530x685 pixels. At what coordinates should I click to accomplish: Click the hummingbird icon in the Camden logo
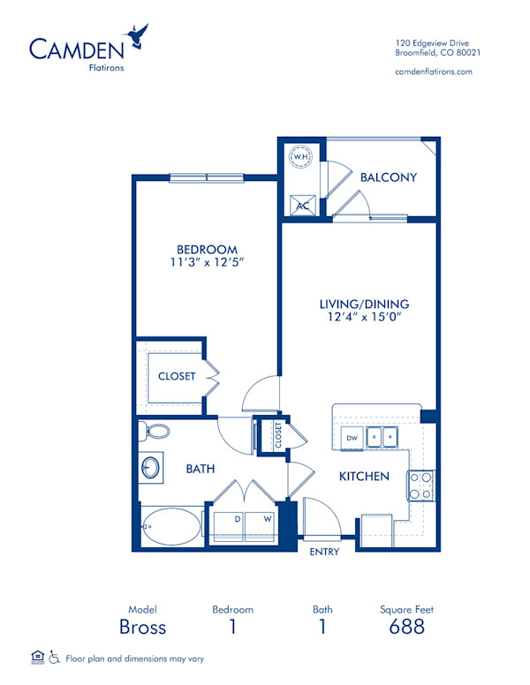click(137, 36)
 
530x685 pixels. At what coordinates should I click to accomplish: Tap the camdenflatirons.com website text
click(433, 72)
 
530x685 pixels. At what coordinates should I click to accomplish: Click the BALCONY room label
click(388, 177)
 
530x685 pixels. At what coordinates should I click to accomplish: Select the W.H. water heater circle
click(301, 157)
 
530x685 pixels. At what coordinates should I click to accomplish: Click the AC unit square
click(301, 204)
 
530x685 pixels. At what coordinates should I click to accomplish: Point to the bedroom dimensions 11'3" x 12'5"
click(206, 263)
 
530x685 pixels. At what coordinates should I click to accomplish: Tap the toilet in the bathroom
click(155, 432)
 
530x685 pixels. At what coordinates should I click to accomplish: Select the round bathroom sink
click(151, 466)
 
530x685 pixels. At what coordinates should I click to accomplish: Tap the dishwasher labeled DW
click(352, 437)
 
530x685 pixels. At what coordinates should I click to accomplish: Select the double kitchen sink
click(383, 435)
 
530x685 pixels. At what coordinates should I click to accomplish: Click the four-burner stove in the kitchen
click(420, 486)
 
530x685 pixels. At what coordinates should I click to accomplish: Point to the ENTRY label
click(323, 552)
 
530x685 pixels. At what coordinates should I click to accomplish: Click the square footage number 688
click(406, 627)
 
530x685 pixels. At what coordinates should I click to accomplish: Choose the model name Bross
click(142, 627)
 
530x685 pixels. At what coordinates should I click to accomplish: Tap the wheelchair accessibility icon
click(54, 657)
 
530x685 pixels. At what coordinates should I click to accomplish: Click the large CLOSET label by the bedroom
click(177, 376)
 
